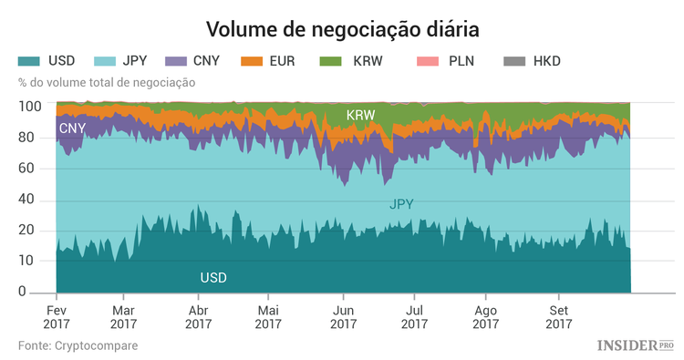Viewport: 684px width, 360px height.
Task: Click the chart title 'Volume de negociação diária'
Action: [342, 29]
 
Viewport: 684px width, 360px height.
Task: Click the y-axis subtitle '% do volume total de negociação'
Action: [107, 83]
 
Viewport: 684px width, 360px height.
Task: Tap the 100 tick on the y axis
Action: [30, 107]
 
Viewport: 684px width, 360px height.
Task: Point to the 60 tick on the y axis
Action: [34, 169]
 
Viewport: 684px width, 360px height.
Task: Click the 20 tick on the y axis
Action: [34, 230]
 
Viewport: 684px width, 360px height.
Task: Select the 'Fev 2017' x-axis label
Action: [57, 315]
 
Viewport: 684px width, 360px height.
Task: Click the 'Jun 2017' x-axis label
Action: [343, 315]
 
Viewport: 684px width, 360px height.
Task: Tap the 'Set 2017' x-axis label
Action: [558, 315]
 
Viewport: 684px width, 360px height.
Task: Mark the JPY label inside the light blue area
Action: [401, 204]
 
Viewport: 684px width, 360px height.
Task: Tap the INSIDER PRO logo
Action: [636, 345]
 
